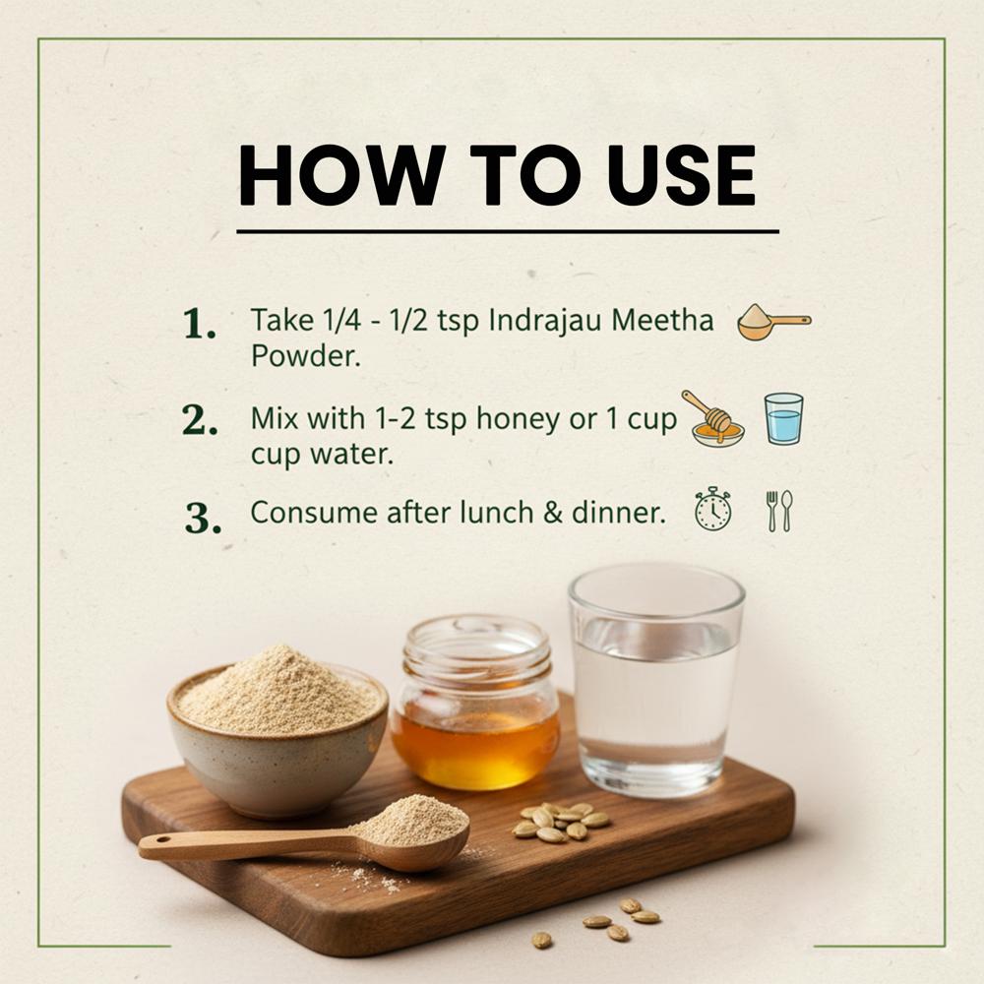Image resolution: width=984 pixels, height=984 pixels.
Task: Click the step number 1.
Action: pyautogui.click(x=200, y=324)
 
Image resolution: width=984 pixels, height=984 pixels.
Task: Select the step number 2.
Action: pyautogui.click(x=200, y=420)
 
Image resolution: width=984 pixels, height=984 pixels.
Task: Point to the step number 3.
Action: pyautogui.click(x=203, y=518)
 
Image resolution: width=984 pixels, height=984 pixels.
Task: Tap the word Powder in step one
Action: pyautogui.click(x=306, y=356)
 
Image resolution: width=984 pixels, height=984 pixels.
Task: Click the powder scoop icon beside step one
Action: pyautogui.click(x=774, y=322)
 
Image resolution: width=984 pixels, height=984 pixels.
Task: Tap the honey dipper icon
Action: pyautogui.click(x=712, y=418)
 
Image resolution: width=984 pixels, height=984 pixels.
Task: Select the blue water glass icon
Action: pyautogui.click(x=784, y=418)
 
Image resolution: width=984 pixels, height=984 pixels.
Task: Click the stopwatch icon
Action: pyautogui.click(x=712, y=509)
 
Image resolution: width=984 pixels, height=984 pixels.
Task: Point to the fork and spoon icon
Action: pyautogui.click(x=779, y=511)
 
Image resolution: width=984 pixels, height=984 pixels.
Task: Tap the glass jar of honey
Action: pyautogui.click(x=475, y=704)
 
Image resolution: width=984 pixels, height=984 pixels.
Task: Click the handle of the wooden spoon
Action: pyautogui.click(x=245, y=844)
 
